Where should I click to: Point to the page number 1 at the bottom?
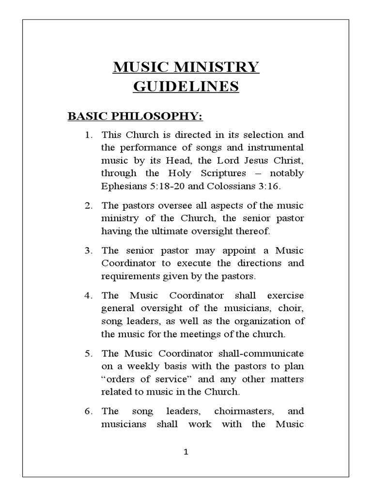(186, 452)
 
